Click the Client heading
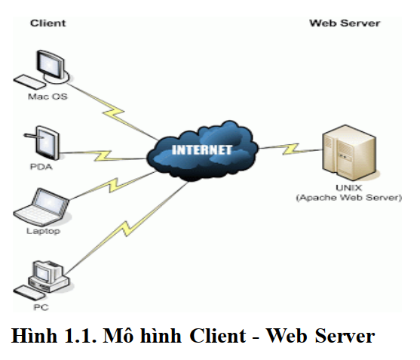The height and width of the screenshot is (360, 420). click(x=48, y=23)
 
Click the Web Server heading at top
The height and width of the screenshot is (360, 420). click(x=345, y=23)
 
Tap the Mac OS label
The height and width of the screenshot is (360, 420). click(x=48, y=97)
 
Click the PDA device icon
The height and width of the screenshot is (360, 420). click(x=44, y=143)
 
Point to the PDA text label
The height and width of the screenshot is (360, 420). click(x=41, y=167)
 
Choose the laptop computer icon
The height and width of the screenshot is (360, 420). click(x=41, y=206)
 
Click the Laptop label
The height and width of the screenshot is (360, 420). click(x=43, y=231)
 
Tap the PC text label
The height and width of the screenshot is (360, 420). click(x=41, y=307)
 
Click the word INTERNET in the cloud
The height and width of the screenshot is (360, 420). click(x=201, y=150)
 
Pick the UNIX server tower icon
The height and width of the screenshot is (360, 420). click(x=349, y=152)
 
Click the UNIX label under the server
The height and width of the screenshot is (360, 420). click(x=349, y=188)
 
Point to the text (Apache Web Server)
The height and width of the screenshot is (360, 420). click(x=349, y=198)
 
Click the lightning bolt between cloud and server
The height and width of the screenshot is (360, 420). click(x=290, y=149)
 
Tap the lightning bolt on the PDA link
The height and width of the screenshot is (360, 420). click(x=103, y=155)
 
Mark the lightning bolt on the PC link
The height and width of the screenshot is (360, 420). click(x=126, y=228)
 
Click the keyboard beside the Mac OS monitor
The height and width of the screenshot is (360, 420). click(x=29, y=82)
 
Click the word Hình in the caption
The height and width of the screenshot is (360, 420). click(x=34, y=336)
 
